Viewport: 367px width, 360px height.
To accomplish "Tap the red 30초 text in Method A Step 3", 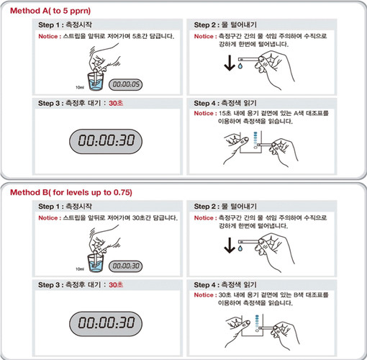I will click(x=116, y=103).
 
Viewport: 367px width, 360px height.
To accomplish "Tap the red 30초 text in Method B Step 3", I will click(x=116, y=284).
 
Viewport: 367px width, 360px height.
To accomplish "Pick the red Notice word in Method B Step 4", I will click(x=206, y=295).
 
